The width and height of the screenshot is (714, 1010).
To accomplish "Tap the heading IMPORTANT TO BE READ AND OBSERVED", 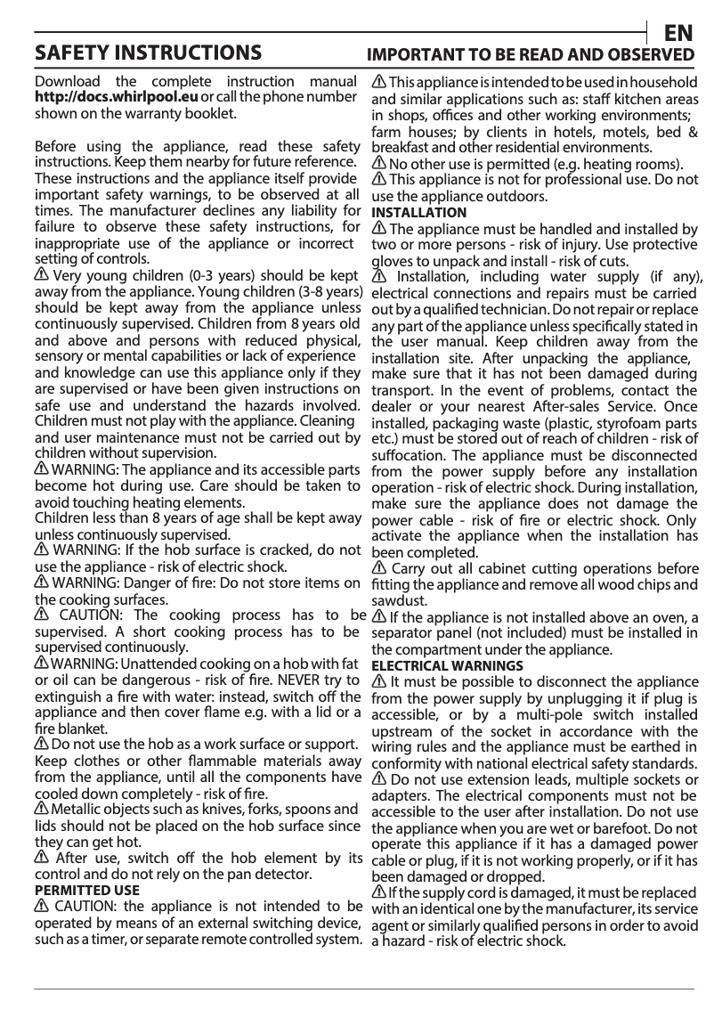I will pos(532,54).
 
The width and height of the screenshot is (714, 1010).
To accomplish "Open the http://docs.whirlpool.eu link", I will pos(117,97).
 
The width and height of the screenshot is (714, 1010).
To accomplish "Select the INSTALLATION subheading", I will pos(418,213).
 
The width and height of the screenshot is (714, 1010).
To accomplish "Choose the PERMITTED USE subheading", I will pos(86,890).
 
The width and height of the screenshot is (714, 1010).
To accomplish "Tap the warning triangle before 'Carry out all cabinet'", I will pos(379,568).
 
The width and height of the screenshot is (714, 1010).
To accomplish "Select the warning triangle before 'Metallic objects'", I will pos(41,809).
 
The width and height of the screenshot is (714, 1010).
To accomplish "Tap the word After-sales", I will pos(553,406).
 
